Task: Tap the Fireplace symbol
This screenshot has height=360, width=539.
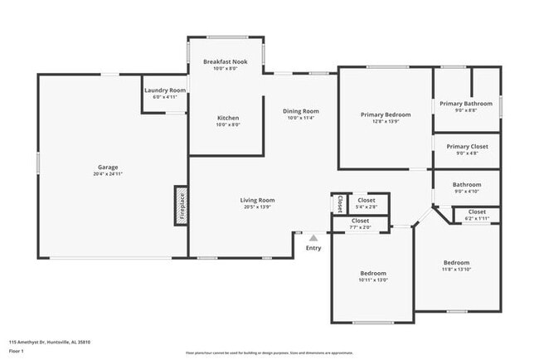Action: [x=181, y=206]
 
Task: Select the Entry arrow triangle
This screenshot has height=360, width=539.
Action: [x=313, y=237]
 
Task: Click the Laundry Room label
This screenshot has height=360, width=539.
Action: [x=165, y=90]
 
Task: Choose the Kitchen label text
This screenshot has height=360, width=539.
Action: [x=228, y=118]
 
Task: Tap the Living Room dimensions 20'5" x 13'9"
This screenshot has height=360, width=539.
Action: [x=257, y=207]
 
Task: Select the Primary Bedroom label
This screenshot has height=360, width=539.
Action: [x=386, y=114]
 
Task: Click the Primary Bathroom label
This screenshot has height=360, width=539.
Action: [x=466, y=104]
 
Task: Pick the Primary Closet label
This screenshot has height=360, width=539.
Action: [x=466, y=146]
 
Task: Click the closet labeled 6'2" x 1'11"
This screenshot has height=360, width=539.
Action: [x=477, y=214]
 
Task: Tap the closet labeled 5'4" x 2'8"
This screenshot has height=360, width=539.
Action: [x=366, y=203]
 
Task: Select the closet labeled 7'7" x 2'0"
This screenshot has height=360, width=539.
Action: [x=361, y=224]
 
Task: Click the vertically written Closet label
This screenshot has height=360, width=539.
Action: [x=340, y=203]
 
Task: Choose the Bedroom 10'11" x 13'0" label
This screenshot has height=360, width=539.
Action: [x=372, y=276]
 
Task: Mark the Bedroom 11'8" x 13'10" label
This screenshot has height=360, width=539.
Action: [x=456, y=265]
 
